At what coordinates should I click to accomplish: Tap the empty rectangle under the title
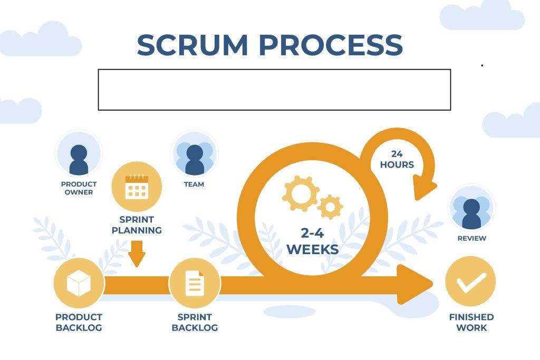[x=274, y=90]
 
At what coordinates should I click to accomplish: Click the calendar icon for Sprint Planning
[x=137, y=187]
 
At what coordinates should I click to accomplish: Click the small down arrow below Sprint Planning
[x=137, y=254]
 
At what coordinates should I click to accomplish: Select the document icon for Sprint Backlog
[x=194, y=284]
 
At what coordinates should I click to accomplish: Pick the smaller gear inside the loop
[x=331, y=207]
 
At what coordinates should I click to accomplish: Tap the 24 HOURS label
[x=397, y=159]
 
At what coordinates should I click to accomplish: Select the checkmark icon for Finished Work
[x=470, y=282]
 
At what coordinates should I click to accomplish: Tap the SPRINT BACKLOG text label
[x=195, y=323]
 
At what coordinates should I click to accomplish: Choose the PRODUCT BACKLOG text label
[x=79, y=323]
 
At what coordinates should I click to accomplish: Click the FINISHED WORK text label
[x=471, y=323]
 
